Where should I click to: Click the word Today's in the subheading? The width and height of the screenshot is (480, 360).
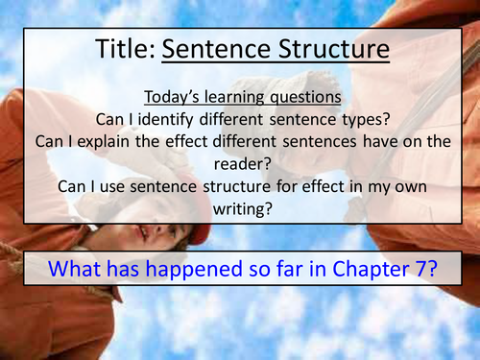coord(174,98)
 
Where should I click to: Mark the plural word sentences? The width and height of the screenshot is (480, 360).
coord(301,142)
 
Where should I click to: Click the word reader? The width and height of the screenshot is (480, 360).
coord(240,164)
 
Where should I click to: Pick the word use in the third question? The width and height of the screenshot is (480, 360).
coord(137,186)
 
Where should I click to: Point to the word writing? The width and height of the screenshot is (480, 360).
coord(240,208)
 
